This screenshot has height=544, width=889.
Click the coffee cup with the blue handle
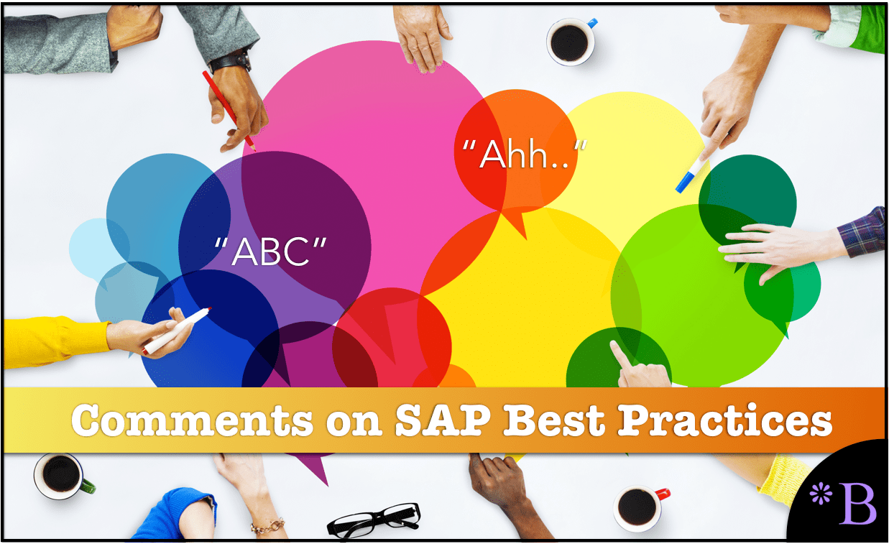point(571,41)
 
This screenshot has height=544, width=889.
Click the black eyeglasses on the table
point(374,520)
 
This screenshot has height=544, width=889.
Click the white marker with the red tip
point(177,331)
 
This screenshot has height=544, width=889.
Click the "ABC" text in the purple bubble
point(270,252)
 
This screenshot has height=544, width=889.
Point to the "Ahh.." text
point(525,154)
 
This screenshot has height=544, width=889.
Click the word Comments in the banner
point(192,420)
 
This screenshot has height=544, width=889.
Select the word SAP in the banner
point(443,420)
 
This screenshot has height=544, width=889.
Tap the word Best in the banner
point(554,420)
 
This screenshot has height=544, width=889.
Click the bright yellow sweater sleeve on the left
point(55,342)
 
